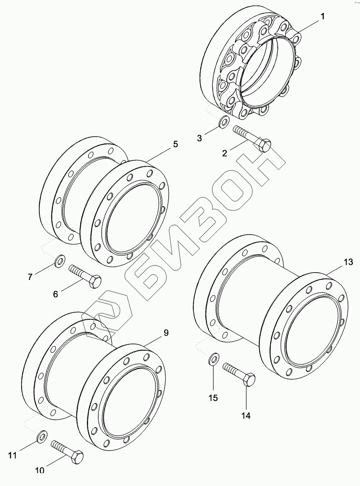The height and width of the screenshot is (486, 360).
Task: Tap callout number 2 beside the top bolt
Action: coord(224,153)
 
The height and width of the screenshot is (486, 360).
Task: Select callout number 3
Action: coord(199,138)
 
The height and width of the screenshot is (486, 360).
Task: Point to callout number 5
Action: coord(175,144)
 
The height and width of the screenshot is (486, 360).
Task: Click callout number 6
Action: coord(56,294)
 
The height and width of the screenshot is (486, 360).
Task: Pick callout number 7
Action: coord(30,277)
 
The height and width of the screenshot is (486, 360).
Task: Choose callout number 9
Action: coord(166,333)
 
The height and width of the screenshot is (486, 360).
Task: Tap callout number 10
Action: coord(40,470)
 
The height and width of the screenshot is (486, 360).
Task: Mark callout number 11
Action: coord(13,454)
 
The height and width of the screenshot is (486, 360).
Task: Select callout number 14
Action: coord(245,416)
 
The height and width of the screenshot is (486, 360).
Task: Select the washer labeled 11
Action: coord(42,437)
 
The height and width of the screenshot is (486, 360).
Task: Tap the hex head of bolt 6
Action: coord(95,282)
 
